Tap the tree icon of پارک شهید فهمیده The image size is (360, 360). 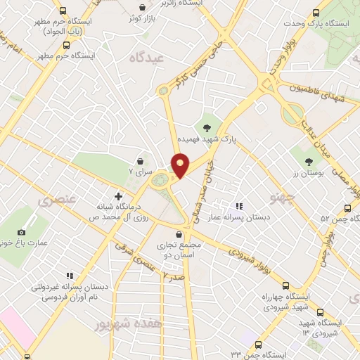click(x=207, y=127)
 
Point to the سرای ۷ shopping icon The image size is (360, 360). click(x=141, y=161)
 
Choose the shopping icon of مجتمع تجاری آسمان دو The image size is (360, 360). click(x=180, y=233)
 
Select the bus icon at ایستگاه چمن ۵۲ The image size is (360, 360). click(x=347, y=208)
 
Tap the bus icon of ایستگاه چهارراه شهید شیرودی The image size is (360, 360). click(x=285, y=285)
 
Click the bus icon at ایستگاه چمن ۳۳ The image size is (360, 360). click(x=260, y=345)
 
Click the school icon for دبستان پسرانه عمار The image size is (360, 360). click(x=238, y=207)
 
